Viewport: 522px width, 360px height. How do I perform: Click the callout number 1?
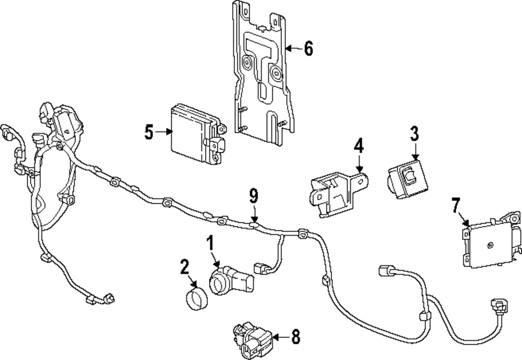(x=210, y=243)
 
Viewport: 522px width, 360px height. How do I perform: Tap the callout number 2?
(x=184, y=269)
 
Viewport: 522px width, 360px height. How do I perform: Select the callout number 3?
(x=414, y=134)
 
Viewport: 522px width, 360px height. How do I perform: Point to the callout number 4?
(x=358, y=146)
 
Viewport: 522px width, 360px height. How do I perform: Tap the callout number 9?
(x=254, y=196)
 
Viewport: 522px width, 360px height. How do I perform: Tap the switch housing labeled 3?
(x=408, y=180)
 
